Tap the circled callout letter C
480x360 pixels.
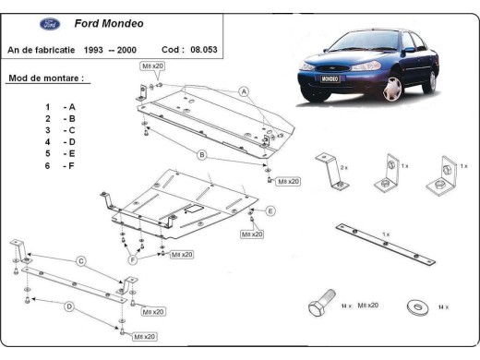[81, 261]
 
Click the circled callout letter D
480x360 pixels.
[68, 306]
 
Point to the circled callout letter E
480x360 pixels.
[270, 211]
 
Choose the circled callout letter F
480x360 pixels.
[134, 260]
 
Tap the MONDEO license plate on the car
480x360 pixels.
[330, 80]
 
